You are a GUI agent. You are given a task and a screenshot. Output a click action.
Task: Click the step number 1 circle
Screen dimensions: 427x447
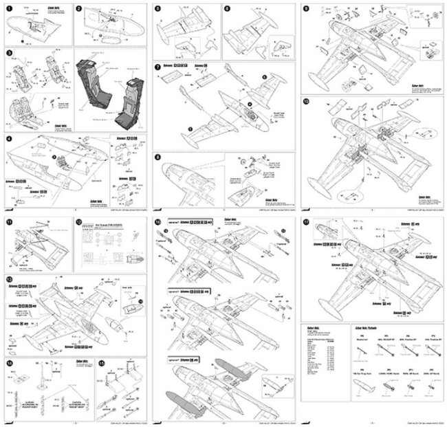point(9,9)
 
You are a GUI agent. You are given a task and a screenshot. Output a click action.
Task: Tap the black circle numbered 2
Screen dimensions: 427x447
point(78,9)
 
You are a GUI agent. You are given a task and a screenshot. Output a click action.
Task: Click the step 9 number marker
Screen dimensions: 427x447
point(306,9)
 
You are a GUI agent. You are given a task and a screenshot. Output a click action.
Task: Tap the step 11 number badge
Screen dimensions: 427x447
point(9,222)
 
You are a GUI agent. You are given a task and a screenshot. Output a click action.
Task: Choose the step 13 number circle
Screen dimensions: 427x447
point(9,279)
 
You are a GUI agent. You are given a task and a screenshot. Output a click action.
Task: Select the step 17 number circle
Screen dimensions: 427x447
point(306,222)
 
